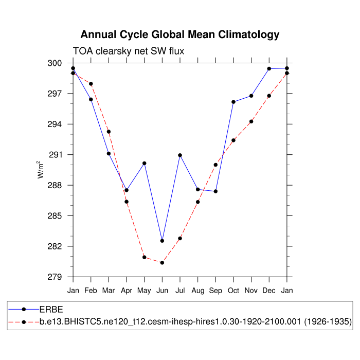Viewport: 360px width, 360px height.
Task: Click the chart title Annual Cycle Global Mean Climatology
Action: pyautogui.click(x=180, y=35)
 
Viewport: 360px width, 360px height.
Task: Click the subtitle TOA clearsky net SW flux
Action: pyautogui.click(x=129, y=51)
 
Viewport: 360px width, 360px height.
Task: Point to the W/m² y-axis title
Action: pyautogui.click(x=40, y=170)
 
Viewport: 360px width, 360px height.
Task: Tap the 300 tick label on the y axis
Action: pyautogui.click(x=55, y=63)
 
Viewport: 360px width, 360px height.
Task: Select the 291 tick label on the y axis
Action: pyautogui.click(x=55, y=155)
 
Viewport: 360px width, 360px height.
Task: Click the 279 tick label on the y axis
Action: pyautogui.click(x=55, y=277)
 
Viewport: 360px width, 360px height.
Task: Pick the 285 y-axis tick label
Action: pyautogui.click(x=55, y=215)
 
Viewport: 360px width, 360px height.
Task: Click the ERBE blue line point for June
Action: pyautogui.click(x=162, y=241)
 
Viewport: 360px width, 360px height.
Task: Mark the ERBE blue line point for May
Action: pyautogui.click(x=145, y=163)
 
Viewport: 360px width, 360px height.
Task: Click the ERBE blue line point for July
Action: pyautogui.click(x=180, y=155)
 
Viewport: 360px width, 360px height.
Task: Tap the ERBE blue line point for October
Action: pyautogui.click(x=233, y=102)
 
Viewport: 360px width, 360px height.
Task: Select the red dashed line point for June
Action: pyautogui.click(x=162, y=262)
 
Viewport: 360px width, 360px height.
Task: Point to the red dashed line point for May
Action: pyautogui.click(x=145, y=257)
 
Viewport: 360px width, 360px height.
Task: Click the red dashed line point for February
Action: pyautogui.click(x=91, y=84)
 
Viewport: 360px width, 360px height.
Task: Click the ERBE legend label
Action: pyautogui.click(x=51, y=310)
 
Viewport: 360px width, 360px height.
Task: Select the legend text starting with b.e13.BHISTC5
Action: pyautogui.click(x=195, y=321)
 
